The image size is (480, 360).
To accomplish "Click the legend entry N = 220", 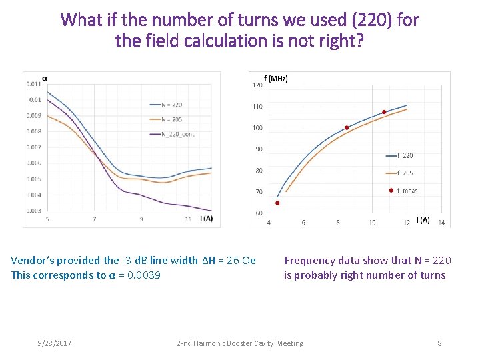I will coord(171,105).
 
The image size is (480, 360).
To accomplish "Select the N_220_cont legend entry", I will coord(178,134).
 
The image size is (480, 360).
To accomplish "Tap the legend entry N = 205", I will coord(171,119).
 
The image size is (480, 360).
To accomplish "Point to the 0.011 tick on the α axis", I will coord(33,84).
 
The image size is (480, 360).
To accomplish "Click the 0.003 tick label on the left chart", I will coord(33,211).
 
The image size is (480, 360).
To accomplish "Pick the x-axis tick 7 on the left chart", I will coord(94,219).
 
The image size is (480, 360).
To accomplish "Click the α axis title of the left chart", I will coord(45,78).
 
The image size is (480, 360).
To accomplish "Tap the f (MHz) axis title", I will coord(276,79).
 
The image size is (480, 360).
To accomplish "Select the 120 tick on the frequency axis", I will coord(257,85).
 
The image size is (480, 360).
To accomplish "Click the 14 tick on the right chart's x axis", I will coord(441,222).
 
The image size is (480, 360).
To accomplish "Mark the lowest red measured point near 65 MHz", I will coord(277,203).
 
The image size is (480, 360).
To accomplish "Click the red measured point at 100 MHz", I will coord(347,127).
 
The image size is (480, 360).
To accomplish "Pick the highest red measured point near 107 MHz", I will coord(384,111).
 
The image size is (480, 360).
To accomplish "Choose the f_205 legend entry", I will coord(405,173).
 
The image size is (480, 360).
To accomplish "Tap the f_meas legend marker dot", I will coord(391,190).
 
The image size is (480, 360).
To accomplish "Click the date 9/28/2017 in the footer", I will coord(54,343).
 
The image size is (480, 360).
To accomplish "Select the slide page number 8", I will coord(439,343).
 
